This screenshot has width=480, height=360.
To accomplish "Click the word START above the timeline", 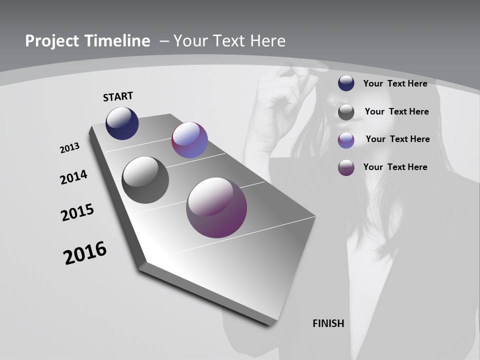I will (118, 96).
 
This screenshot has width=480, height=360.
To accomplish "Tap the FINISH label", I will (328, 323).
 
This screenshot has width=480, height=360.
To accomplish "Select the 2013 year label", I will (69, 148).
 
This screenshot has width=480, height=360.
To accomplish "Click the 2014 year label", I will (73, 177).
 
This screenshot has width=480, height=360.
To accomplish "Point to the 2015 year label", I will (77, 212).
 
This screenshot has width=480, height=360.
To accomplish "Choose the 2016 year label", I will (85, 253).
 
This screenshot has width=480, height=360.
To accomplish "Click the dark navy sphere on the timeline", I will (122, 123).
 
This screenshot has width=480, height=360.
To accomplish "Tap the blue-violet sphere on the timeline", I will (189, 140).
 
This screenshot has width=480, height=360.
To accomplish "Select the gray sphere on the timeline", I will (145, 180).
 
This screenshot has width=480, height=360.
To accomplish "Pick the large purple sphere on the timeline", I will (216, 207).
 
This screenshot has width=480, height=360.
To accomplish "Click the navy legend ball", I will (346, 83).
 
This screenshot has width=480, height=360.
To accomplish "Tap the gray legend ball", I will (346, 112).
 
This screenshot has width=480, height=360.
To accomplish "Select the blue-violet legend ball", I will (346, 140).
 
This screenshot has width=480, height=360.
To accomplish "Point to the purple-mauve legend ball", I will (346, 167).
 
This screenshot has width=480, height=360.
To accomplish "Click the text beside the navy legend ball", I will (395, 83).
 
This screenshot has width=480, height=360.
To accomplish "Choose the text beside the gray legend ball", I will (396, 111).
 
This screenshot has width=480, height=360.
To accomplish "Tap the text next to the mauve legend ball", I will (395, 167).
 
